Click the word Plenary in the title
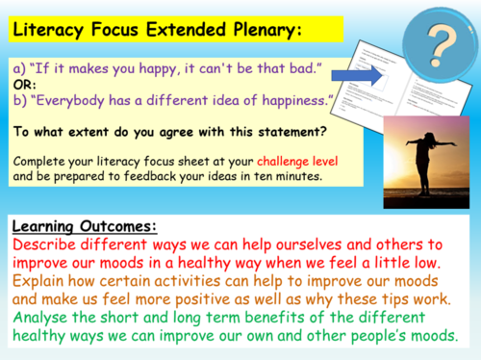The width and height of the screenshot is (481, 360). (x=259, y=30)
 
